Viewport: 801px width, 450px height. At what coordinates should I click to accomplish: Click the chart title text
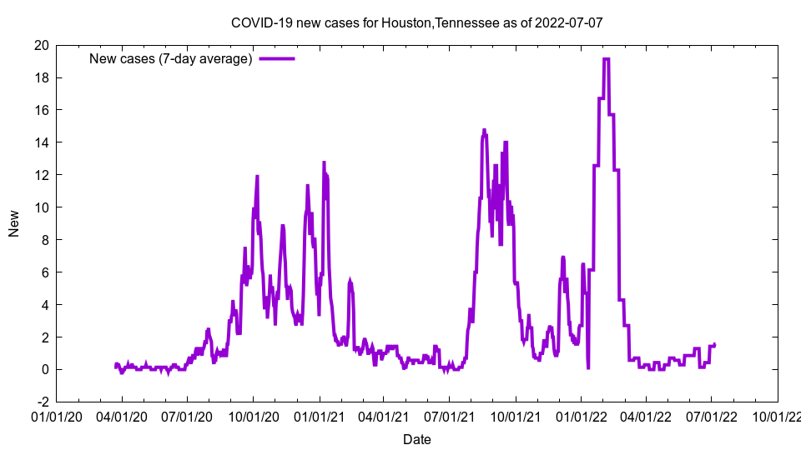[x=416, y=22]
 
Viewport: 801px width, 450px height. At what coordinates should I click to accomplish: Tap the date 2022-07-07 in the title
[x=572, y=22]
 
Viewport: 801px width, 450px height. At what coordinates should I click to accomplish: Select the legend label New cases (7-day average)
[x=171, y=58]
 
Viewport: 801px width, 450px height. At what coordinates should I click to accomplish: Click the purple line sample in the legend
[x=277, y=58]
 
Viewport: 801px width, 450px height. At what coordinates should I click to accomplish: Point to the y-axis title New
[x=14, y=223]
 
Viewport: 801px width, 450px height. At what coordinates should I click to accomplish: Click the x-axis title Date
[x=416, y=439]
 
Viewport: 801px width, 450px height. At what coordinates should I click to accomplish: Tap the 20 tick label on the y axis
[x=40, y=45]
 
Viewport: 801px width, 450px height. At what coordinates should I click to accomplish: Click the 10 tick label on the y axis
[x=40, y=207]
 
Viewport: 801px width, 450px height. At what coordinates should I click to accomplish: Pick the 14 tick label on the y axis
[x=40, y=142]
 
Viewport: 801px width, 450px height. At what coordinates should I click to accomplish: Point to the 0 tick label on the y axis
[x=44, y=369]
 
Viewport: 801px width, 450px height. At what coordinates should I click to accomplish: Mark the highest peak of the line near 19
[x=607, y=59]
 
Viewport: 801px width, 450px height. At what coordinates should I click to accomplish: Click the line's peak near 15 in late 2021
[x=484, y=130]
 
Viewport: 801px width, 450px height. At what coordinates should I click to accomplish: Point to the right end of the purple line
[x=715, y=344]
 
